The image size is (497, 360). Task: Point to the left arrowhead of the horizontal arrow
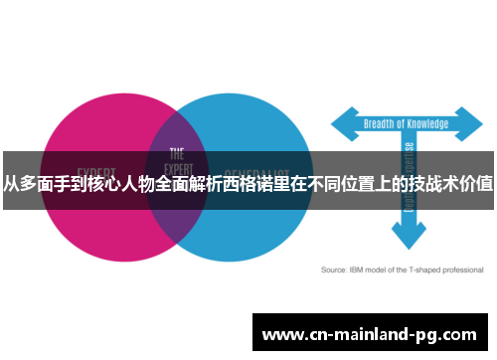(x=338, y=124)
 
